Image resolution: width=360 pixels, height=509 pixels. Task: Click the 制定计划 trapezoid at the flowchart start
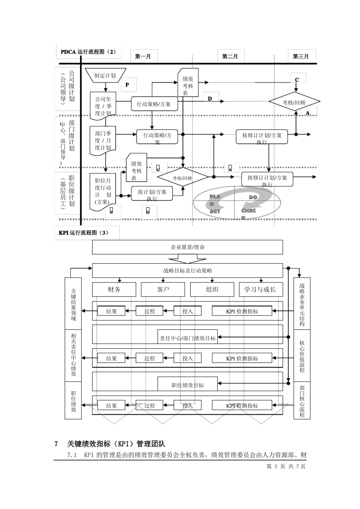pyautogui.click(x=105, y=75)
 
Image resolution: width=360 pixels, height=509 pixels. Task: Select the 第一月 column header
pyautogui.click(x=143, y=56)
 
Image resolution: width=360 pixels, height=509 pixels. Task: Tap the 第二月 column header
pyautogui.click(x=230, y=56)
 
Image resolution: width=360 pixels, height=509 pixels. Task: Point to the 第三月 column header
pyautogui.click(x=301, y=56)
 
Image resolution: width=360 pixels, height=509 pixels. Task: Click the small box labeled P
pyautogui.click(x=127, y=85)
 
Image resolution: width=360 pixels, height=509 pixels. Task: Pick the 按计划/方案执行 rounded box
pyautogui.click(x=152, y=193)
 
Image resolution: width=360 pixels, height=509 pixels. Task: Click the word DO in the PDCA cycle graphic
pyautogui.click(x=253, y=197)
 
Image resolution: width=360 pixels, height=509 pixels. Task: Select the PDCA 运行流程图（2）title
pyautogui.click(x=88, y=52)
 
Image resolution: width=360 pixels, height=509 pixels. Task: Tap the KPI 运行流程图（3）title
pyautogui.click(x=84, y=233)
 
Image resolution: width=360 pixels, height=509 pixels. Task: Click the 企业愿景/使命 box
pyautogui.click(x=188, y=247)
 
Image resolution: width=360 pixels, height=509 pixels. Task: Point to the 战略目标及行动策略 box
pyautogui.click(x=188, y=270)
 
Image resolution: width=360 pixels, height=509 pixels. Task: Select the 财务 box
pyautogui.click(x=114, y=289)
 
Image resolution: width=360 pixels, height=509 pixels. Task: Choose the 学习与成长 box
pyautogui.click(x=260, y=289)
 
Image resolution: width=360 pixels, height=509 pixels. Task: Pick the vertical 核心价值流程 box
pyautogui.click(x=302, y=356)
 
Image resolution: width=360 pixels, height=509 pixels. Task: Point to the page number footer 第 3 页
pyautogui.click(x=275, y=467)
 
